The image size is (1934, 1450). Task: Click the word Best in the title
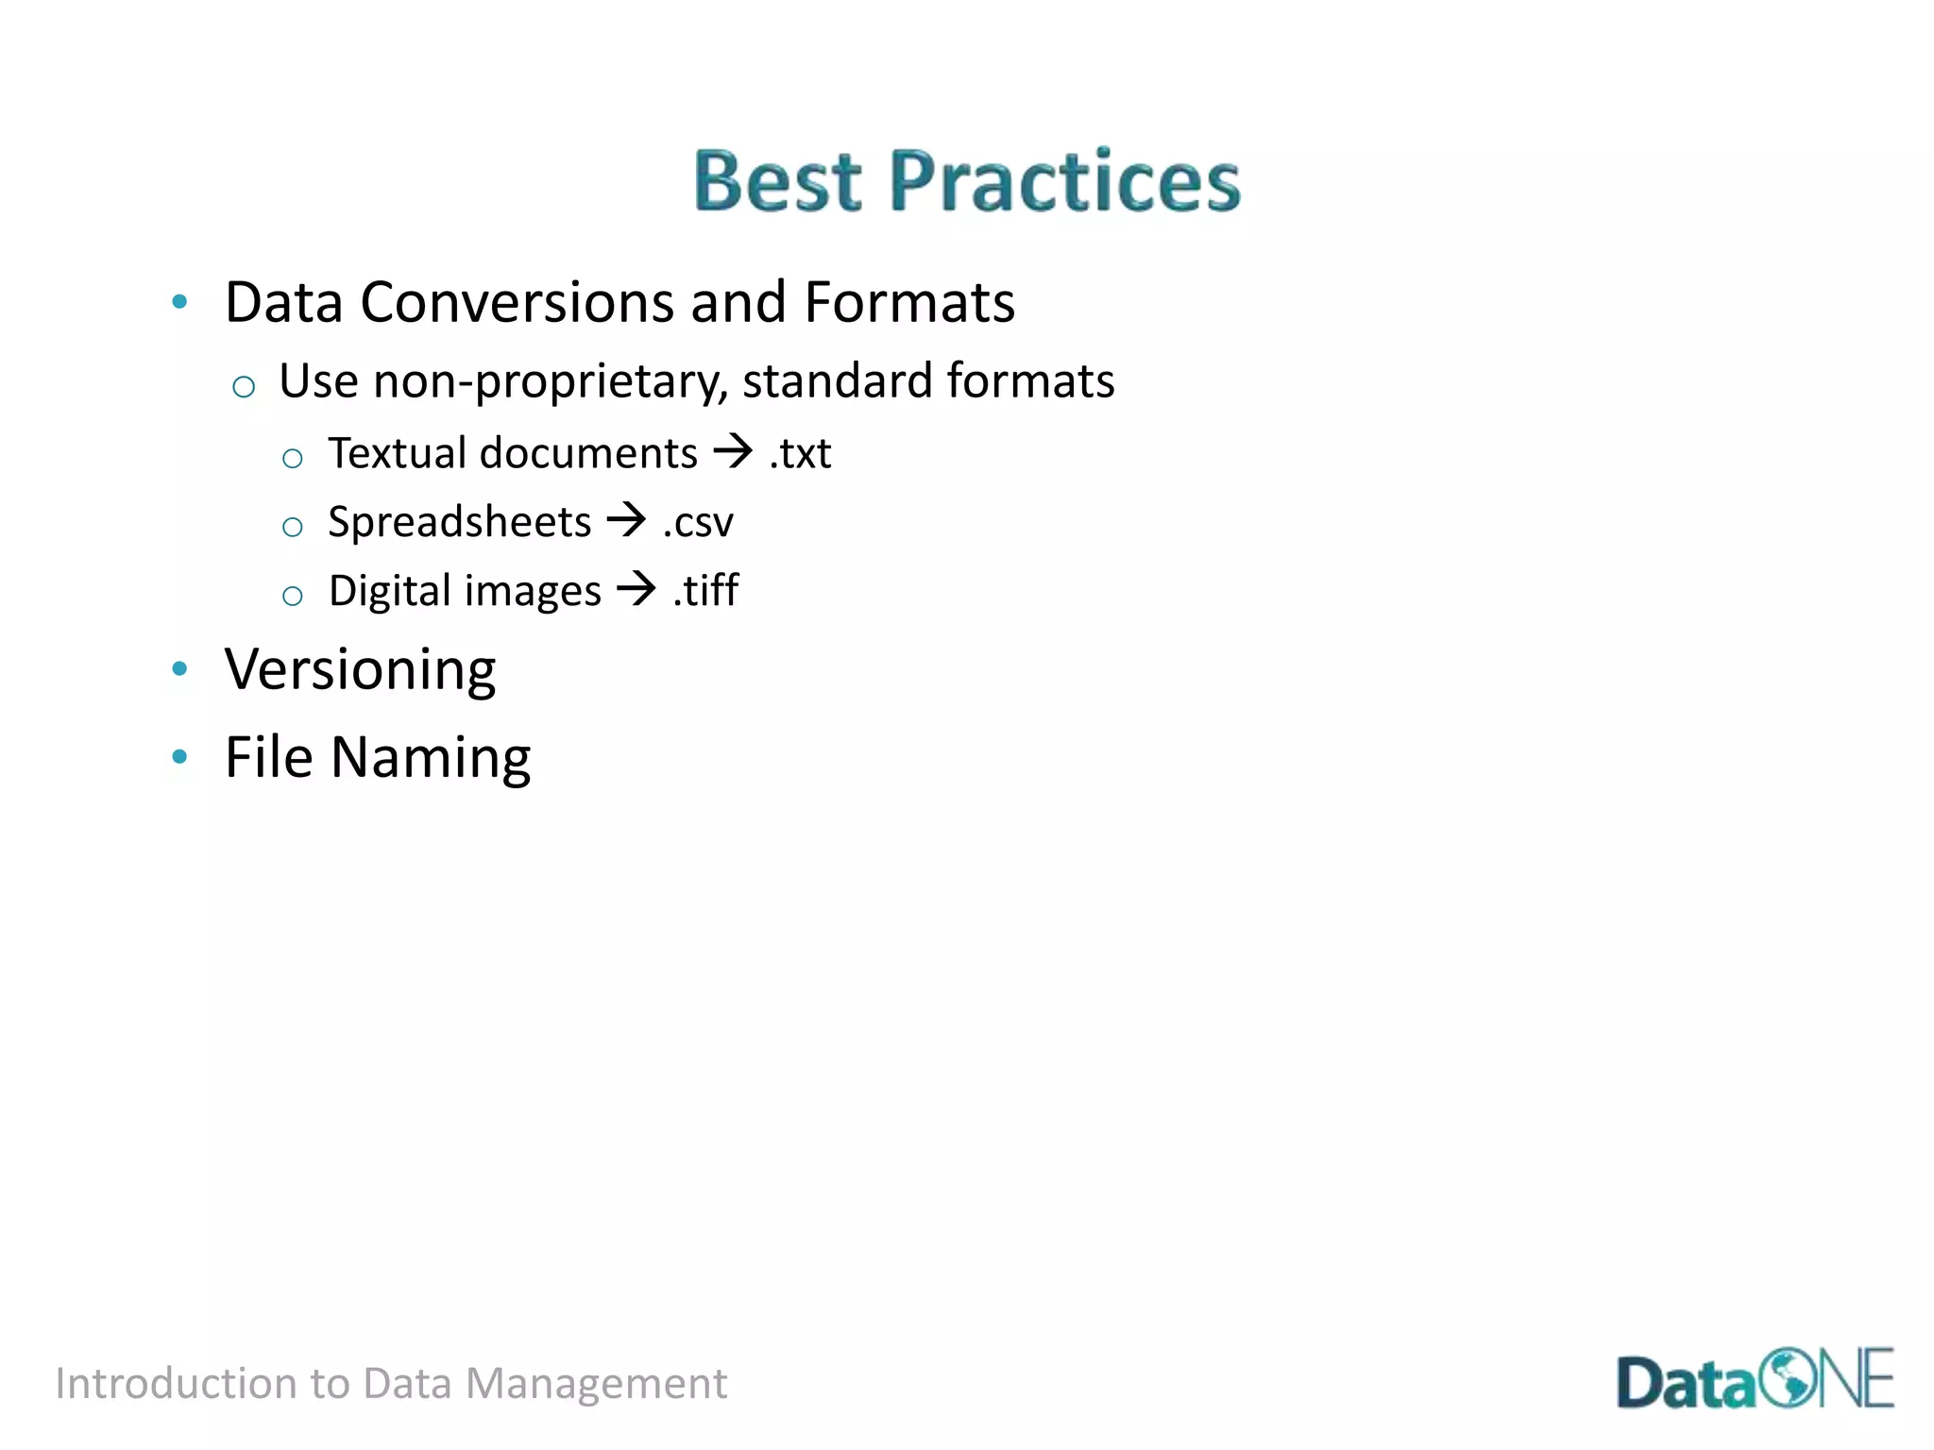(x=777, y=181)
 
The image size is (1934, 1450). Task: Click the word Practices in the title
(x=1064, y=181)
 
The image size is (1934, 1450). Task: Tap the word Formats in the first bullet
(x=909, y=303)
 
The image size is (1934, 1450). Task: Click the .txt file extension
(x=801, y=454)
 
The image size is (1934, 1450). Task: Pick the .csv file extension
(x=698, y=523)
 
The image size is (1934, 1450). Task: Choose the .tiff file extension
(x=705, y=591)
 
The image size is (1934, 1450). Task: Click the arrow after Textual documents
(x=733, y=451)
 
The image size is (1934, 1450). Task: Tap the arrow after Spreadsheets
(x=626, y=519)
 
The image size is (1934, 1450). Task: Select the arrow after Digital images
(x=636, y=589)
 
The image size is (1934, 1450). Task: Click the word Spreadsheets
(x=459, y=522)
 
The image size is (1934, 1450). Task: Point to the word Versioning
(x=360, y=670)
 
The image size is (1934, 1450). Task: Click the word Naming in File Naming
(x=431, y=758)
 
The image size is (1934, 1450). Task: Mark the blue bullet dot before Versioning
(x=179, y=669)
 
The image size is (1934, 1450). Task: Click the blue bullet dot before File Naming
(x=179, y=756)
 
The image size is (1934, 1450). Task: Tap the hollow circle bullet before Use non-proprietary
(x=244, y=386)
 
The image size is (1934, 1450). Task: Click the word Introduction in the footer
(x=176, y=1384)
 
